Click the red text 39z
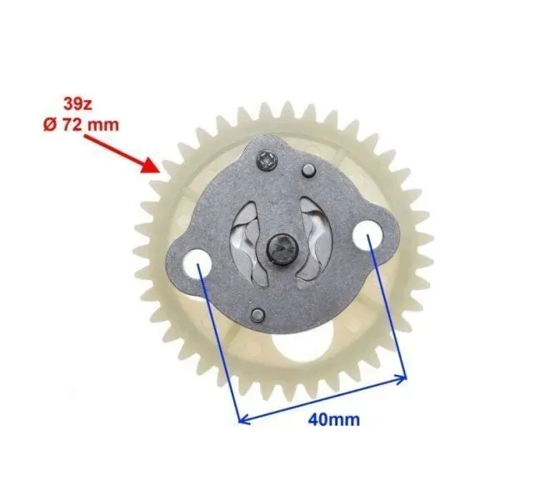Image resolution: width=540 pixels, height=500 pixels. pyautogui.click(x=77, y=104)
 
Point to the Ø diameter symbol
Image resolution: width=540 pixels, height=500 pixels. pyautogui.click(x=50, y=125)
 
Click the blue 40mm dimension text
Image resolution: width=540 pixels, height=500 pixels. pyautogui.click(x=333, y=420)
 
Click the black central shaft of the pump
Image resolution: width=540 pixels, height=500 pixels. pyautogui.click(x=282, y=248)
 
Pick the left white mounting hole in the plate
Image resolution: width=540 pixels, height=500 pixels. pyautogui.click(x=196, y=264)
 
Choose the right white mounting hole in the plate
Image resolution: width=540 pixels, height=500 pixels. pyautogui.click(x=367, y=235)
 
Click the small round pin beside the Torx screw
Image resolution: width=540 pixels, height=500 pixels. pyautogui.click(x=308, y=171)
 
